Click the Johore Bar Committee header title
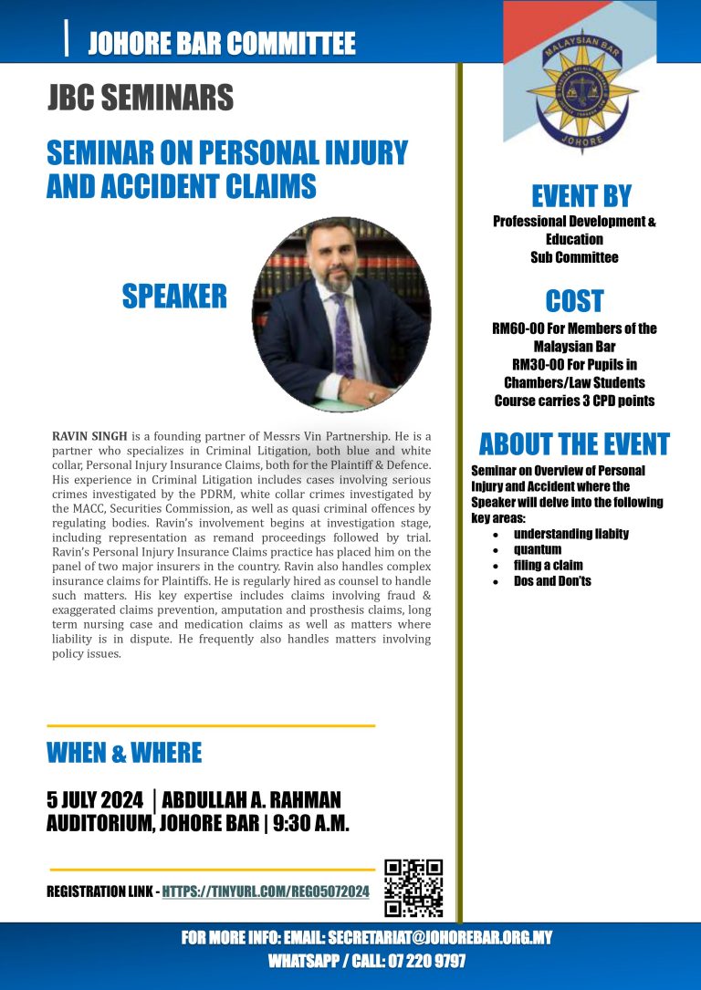pyautogui.click(x=221, y=43)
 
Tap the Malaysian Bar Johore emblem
pyautogui.click(x=581, y=91)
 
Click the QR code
pyautogui.click(x=413, y=887)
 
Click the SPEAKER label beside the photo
pyautogui.click(x=174, y=296)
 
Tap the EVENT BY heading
pyautogui.click(x=581, y=196)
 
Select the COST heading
pyautogui.click(x=574, y=300)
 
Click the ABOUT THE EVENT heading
pyautogui.click(x=574, y=444)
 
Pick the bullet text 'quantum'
pyautogui.click(x=538, y=549)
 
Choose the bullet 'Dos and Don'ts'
pyautogui.click(x=552, y=580)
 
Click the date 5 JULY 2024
pyautogui.click(x=95, y=800)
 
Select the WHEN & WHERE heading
pyautogui.click(x=124, y=753)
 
